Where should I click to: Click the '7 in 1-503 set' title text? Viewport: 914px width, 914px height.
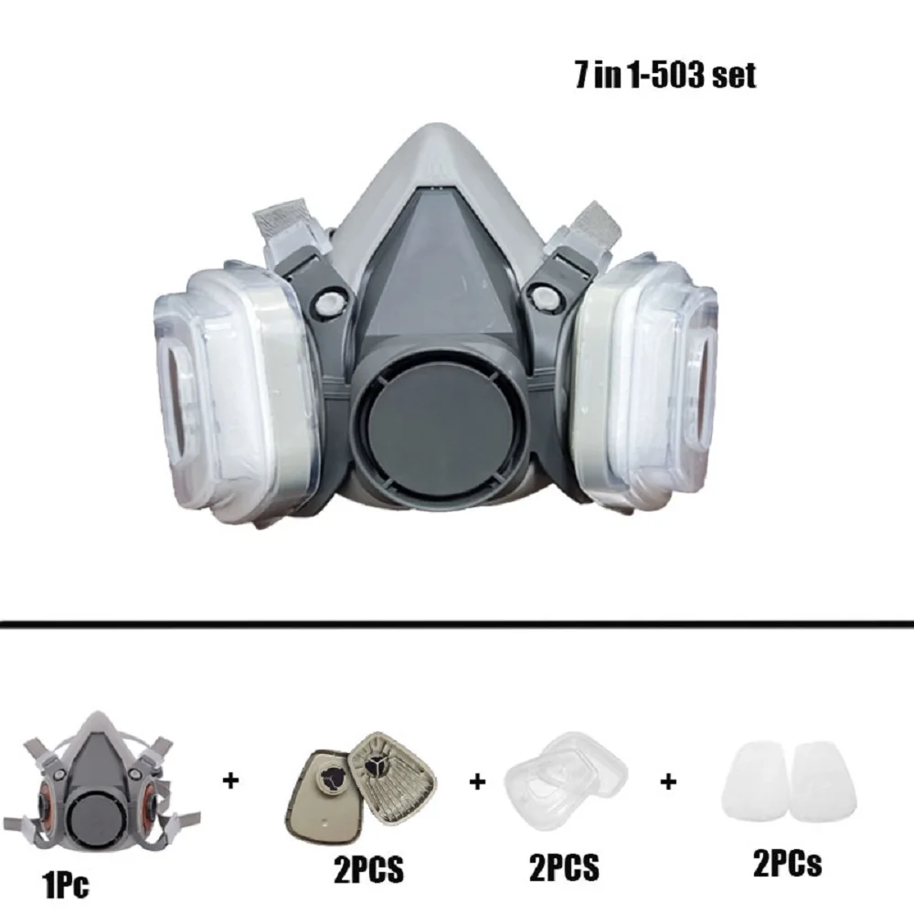point(665,75)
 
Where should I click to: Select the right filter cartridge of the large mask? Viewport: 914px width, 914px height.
point(648,384)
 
